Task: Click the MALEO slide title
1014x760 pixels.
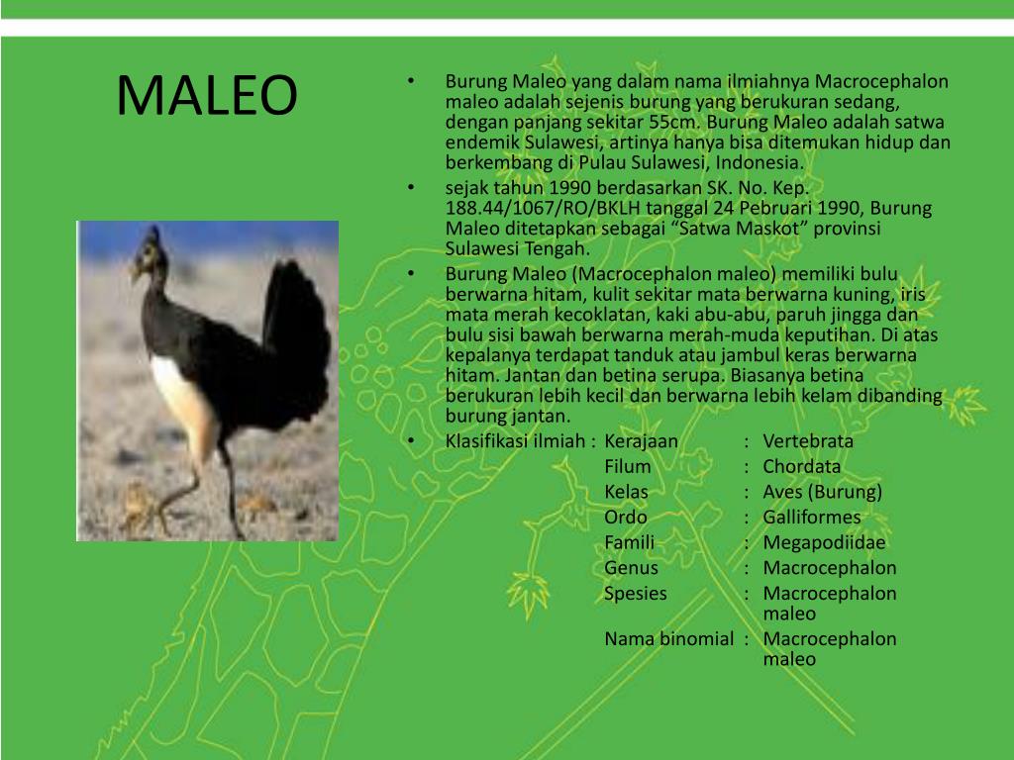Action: pos(207,95)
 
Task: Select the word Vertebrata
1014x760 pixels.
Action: pos(808,441)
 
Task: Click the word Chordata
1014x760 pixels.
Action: pos(802,467)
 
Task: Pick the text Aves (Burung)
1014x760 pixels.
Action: pos(823,492)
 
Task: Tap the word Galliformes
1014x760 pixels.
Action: pos(812,517)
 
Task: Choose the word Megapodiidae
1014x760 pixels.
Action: pos(825,542)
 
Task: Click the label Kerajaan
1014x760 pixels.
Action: pos(641,441)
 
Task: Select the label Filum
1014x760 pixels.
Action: pos(627,467)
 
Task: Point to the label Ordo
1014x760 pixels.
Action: pos(626,517)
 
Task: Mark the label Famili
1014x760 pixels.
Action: pos(629,542)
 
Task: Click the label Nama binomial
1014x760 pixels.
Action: pos(668,639)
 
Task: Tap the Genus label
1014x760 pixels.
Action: pos(631,568)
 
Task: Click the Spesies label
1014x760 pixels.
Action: pos(635,594)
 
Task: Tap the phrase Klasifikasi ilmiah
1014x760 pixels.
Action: pos(515,441)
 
